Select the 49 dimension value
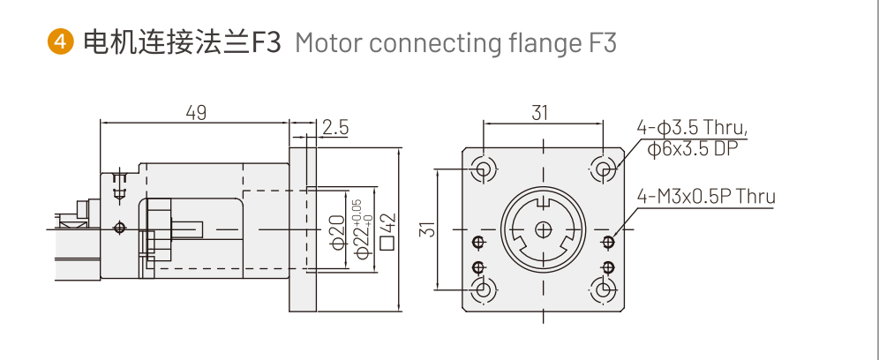point(196,113)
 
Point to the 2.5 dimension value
point(335,127)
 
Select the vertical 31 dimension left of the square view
point(427,229)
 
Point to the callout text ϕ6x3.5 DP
point(692,149)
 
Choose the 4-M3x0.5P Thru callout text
point(706,195)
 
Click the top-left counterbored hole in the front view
point(483,169)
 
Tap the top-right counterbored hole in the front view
point(604,169)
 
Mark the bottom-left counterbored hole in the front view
point(483,289)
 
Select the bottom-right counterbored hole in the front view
point(604,289)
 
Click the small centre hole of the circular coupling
point(543,229)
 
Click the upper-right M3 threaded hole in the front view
point(607,242)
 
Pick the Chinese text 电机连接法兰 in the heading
point(167,42)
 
